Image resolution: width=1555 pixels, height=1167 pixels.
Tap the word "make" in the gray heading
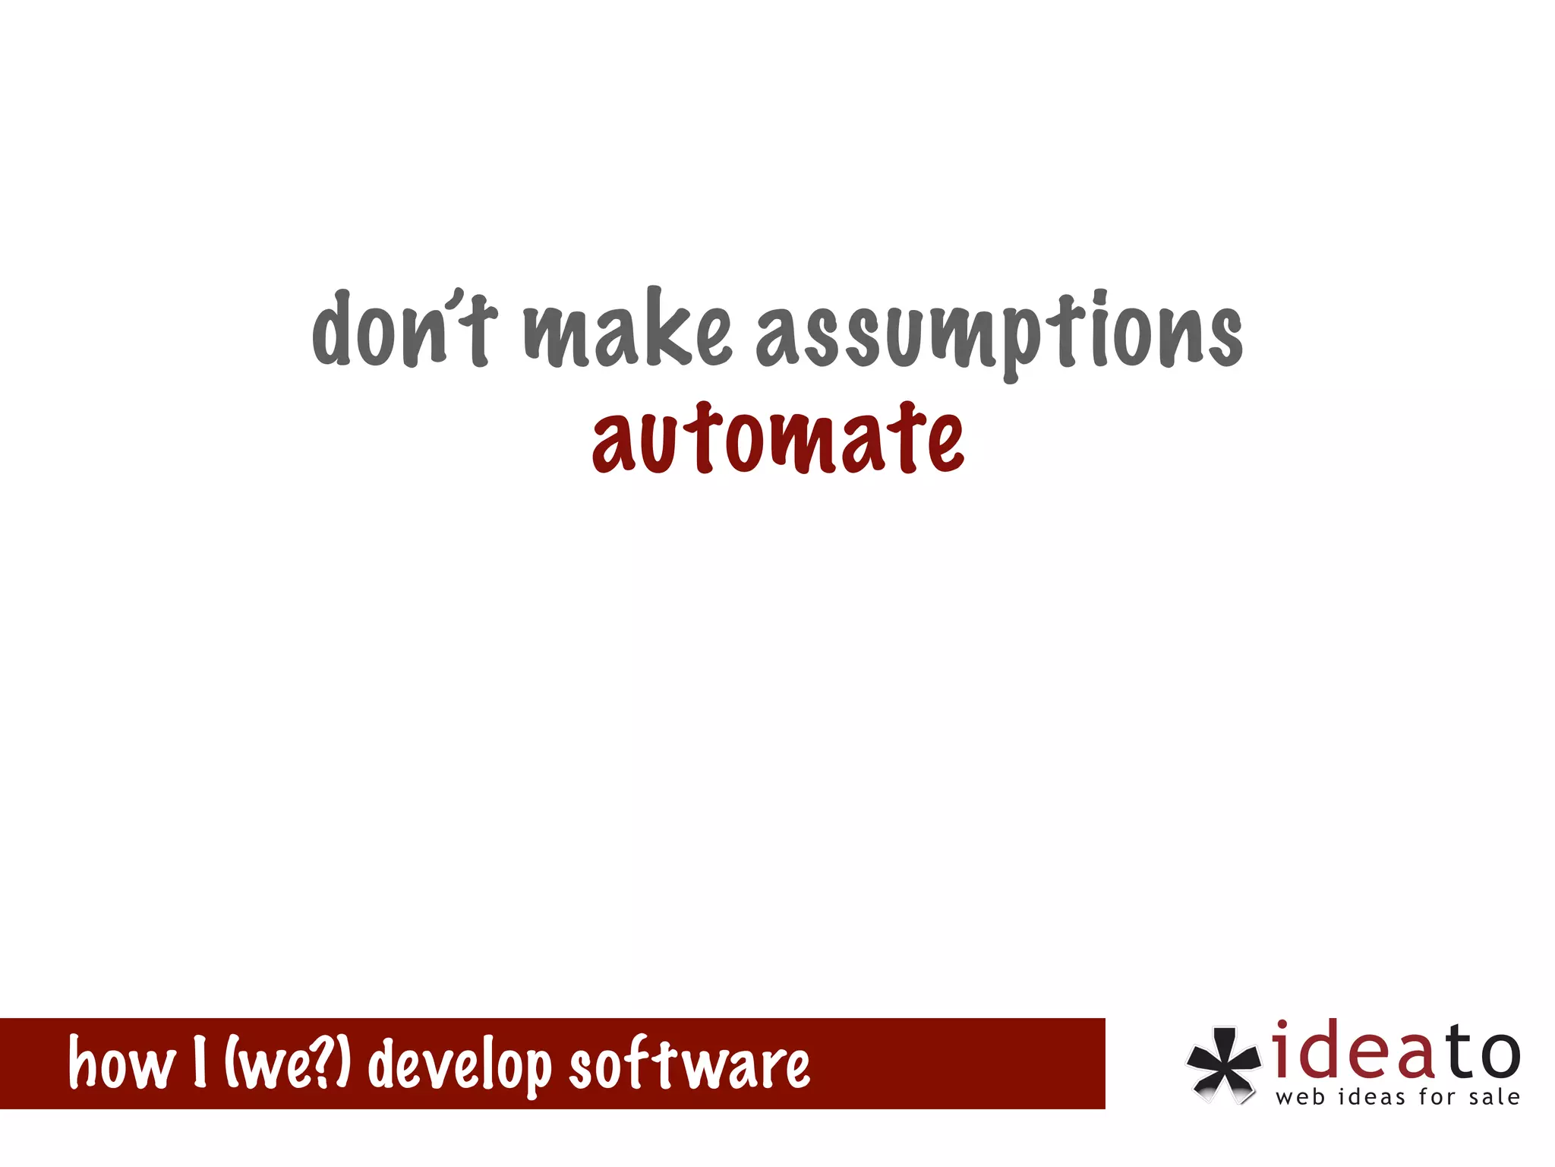pos(627,330)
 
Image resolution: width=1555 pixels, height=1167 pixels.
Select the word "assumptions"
pos(998,334)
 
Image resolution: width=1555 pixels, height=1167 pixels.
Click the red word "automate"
pos(778,439)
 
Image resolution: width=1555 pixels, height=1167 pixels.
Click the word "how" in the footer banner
pos(121,1064)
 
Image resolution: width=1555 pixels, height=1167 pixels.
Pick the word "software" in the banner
pos(689,1064)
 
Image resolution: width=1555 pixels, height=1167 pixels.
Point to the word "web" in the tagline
pos(1301,1098)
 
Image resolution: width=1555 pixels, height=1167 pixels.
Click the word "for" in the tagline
pos(1437,1098)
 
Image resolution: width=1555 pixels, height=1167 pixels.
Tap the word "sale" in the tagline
pos(1494,1098)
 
